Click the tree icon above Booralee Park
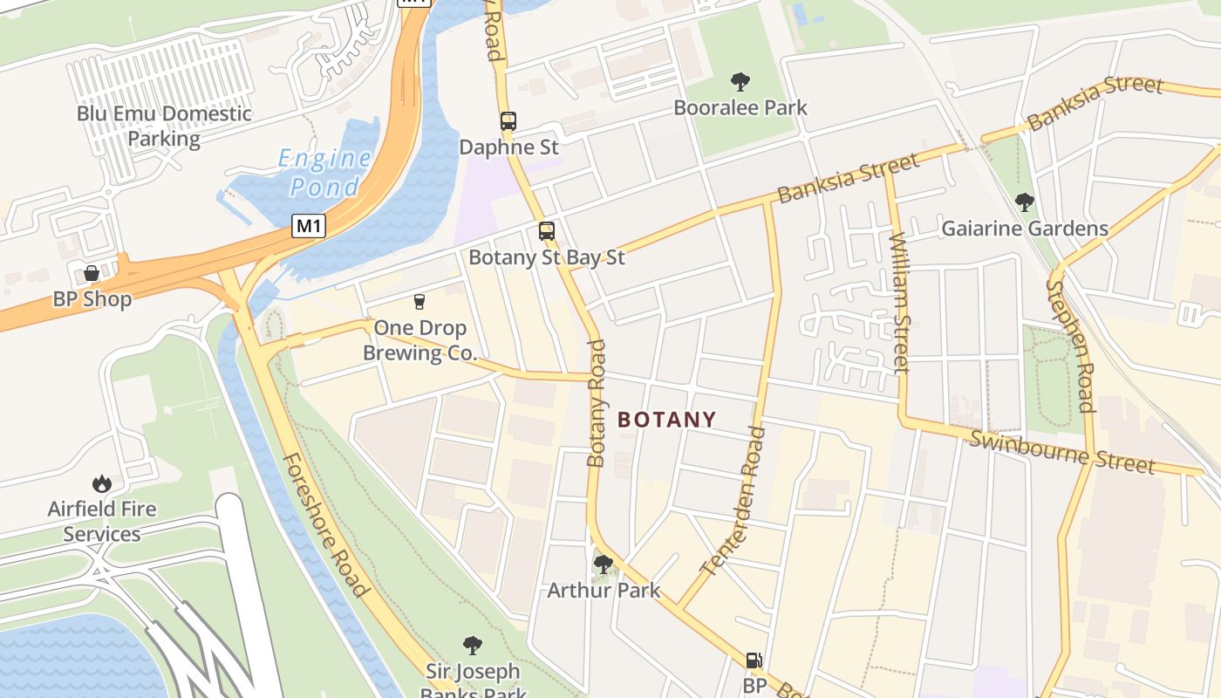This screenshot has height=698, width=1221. pos(740,83)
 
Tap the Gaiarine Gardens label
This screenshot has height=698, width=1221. pos(1025,229)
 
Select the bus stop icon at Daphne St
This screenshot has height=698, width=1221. pos(508,121)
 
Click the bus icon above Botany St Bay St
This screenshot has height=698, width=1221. pos(547,231)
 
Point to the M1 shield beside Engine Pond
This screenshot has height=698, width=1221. pos(309,227)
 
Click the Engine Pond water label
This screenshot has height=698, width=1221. pos(324,173)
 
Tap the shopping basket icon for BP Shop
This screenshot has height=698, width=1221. pos(92,273)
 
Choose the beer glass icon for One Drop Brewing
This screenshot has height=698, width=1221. pos(420,302)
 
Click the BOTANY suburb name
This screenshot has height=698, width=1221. pos(667,420)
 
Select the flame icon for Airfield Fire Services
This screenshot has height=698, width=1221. pos(102,483)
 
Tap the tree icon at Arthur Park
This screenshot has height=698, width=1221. pos(603,565)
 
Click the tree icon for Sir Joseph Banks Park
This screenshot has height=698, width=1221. pos(473,646)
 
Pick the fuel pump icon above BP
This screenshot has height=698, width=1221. pos(754,660)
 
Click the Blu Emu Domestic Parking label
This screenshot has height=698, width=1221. pos(164,126)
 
